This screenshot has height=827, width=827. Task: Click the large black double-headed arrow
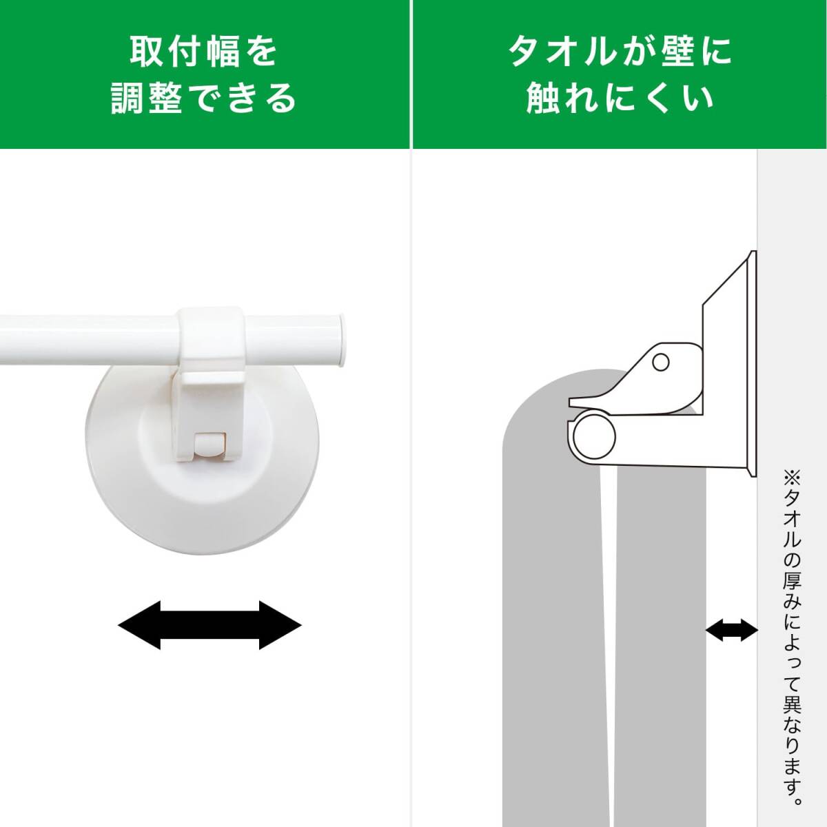point(210,625)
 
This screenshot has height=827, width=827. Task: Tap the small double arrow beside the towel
point(731,629)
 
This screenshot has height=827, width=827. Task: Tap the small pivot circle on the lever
point(660,361)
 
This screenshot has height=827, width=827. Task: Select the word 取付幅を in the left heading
point(204,52)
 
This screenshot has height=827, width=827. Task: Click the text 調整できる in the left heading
point(204,97)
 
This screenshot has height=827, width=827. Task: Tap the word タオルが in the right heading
point(571,52)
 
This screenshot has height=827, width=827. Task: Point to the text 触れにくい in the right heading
point(620,97)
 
